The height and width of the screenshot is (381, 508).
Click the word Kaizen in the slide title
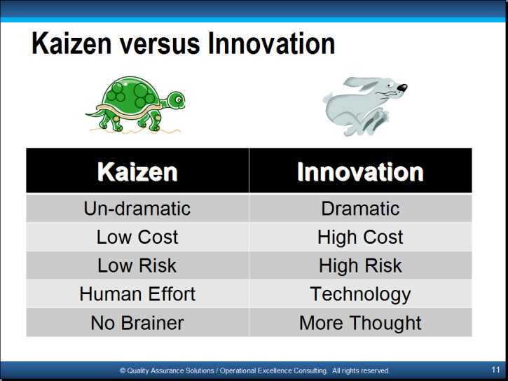click(71, 43)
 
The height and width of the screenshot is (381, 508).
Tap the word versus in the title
click(160, 45)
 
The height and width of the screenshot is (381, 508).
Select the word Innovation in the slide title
click(271, 43)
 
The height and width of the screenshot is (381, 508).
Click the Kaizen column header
click(137, 171)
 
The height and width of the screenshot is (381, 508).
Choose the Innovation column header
click(360, 171)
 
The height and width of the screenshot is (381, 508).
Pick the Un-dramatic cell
click(137, 208)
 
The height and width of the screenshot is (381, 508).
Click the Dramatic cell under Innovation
click(360, 208)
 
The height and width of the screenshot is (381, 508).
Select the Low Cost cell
click(137, 237)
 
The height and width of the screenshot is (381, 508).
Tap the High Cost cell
click(360, 237)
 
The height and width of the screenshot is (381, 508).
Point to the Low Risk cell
click(137, 265)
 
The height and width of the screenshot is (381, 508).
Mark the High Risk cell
click(360, 265)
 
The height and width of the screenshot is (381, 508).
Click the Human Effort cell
click(137, 294)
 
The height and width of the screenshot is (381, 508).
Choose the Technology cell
click(360, 294)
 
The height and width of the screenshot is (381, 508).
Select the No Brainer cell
click(137, 323)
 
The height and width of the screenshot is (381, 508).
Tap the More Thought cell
click(360, 323)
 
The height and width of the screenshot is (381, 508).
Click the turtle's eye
click(179, 99)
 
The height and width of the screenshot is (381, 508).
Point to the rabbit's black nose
click(402, 88)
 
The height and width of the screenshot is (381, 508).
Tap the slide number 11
click(495, 370)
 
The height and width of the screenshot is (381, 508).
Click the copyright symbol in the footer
click(123, 370)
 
